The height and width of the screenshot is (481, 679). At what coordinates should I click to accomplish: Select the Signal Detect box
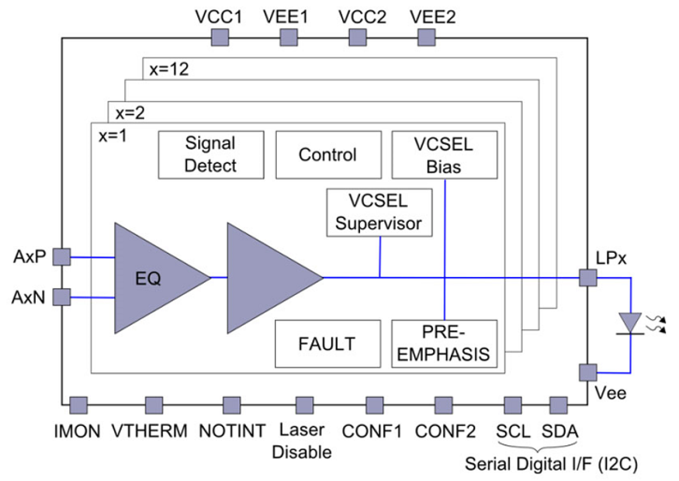[211, 155]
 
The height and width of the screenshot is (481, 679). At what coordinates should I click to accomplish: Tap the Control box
[328, 155]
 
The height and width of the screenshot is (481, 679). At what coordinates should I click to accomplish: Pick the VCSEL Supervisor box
[379, 212]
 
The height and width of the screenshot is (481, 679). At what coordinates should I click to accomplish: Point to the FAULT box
[328, 344]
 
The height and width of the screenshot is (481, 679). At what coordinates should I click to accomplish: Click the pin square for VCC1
[219, 38]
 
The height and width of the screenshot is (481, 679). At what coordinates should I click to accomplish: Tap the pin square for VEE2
[427, 38]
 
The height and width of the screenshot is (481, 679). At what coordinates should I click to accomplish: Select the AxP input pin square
[61, 257]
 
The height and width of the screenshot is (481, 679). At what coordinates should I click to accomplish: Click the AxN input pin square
[61, 297]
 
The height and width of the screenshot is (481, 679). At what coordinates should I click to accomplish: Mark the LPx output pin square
[588, 278]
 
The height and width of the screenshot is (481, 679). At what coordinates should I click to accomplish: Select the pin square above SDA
[558, 405]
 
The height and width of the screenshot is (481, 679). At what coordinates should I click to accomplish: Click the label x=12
[167, 70]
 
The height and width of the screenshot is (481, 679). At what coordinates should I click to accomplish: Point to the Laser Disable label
[302, 442]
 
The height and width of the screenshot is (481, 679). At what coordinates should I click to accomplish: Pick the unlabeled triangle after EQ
[268, 278]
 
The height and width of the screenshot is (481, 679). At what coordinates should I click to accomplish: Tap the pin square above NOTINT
[231, 405]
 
